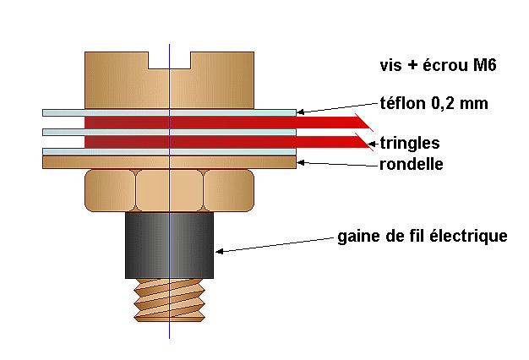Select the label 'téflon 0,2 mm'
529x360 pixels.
click(x=434, y=104)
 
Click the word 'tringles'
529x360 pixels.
click(x=410, y=142)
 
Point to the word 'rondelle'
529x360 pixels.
click(x=412, y=163)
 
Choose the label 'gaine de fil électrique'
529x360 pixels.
click(x=423, y=236)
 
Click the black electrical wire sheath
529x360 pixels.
click(x=169, y=246)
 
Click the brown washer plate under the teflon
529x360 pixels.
click(x=169, y=162)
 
